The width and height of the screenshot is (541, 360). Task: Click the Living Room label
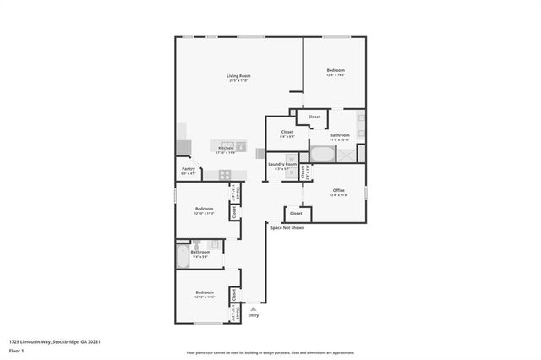click(x=239, y=77)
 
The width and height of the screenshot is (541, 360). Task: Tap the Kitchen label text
click(x=226, y=148)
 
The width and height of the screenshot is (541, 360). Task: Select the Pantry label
click(x=189, y=169)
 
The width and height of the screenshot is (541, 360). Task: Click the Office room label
click(x=338, y=190)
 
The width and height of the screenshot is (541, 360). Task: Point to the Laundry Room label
click(x=281, y=164)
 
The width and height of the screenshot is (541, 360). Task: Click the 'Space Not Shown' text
click(x=287, y=228)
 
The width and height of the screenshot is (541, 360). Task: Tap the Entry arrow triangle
click(x=253, y=309)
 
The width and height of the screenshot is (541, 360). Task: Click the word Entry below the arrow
click(x=254, y=316)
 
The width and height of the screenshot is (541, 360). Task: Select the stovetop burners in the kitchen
click(x=225, y=175)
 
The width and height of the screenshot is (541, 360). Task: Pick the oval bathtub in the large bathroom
click(x=322, y=155)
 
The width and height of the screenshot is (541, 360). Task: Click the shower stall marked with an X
click(x=347, y=154)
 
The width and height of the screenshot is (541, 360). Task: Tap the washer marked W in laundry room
click(x=290, y=158)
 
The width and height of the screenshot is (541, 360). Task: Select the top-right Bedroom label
click(x=336, y=70)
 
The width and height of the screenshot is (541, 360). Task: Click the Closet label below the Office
click(x=296, y=213)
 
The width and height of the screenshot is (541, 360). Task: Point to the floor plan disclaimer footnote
click(x=270, y=352)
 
